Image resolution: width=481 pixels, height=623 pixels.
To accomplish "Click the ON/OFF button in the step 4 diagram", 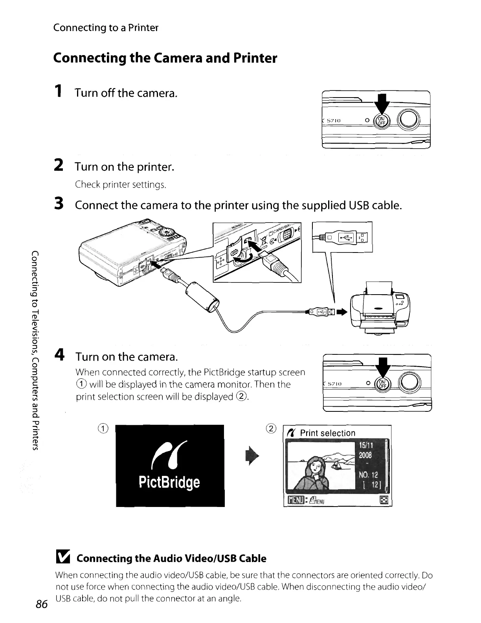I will [x=381, y=384].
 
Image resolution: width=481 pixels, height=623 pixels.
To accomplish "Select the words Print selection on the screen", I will [x=327, y=433].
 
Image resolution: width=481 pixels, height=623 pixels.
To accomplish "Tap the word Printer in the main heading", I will [x=255, y=58].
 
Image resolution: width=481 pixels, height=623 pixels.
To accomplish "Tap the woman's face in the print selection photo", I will [x=316, y=467].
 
